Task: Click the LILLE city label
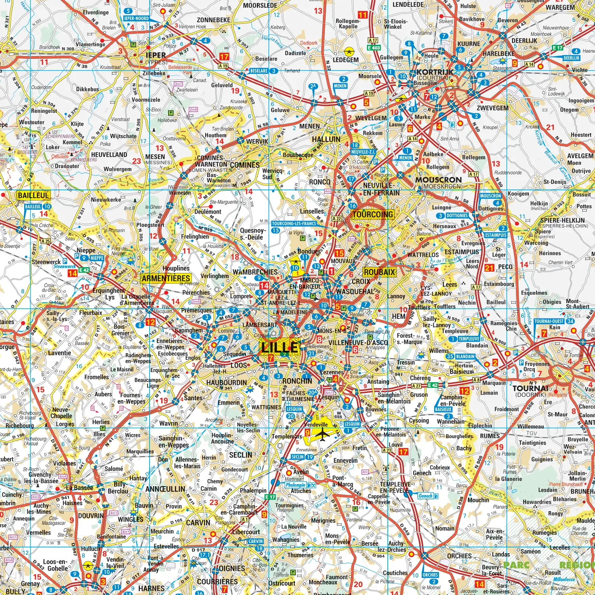280,347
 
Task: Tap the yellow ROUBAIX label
379,272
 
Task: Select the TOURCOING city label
372,214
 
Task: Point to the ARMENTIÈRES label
166,278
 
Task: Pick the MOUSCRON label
438,180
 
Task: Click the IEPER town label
156,56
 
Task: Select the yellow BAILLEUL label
33,196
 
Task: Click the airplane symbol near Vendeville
322,435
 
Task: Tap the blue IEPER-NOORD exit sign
136,19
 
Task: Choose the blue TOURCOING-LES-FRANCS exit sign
294,224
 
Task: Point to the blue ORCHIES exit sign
430,575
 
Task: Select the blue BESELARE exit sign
259,71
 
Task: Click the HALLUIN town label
326,139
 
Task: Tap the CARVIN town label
198,522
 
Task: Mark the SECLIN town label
241,455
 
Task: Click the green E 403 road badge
374,48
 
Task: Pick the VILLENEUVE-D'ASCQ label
358,343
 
